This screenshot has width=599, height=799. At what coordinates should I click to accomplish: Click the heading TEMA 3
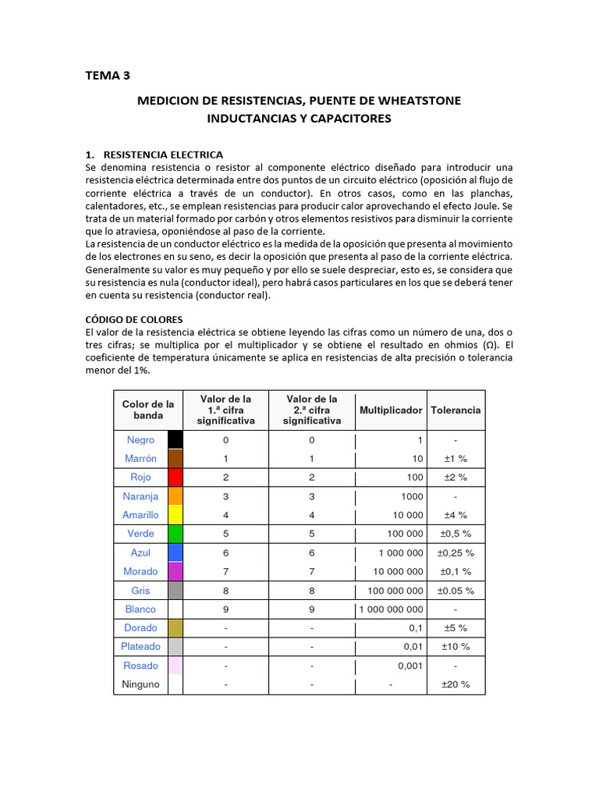(x=108, y=76)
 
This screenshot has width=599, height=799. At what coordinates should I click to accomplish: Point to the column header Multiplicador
(x=391, y=410)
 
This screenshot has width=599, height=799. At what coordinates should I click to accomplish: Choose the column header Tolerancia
(x=455, y=410)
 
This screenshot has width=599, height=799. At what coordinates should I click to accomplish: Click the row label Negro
(x=141, y=440)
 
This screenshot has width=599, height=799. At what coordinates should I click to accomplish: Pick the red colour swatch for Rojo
(x=175, y=478)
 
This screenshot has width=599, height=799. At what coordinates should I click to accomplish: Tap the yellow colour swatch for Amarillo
(x=175, y=515)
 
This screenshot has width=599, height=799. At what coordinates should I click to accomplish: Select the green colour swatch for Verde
(x=175, y=534)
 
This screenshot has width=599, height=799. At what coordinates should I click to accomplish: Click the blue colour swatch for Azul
(x=175, y=552)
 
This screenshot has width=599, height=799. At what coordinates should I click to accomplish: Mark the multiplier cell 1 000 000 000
(x=392, y=609)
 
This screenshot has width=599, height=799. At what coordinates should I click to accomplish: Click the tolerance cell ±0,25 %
(x=455, y=552)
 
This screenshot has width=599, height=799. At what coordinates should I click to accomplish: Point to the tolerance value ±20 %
(x=455, y=684)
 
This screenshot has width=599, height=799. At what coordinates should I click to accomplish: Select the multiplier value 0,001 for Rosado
(x=410, y=666)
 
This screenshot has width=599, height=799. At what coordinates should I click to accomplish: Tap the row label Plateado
(x=140, y=646)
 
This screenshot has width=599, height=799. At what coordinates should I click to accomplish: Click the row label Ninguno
(x=140, y=684)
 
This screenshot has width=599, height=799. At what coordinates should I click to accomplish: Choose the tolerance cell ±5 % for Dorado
(x=455, y=627)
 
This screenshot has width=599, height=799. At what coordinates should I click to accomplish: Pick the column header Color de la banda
(x=148, y=410)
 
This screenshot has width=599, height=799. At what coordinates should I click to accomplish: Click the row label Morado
(x=140, y=571)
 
